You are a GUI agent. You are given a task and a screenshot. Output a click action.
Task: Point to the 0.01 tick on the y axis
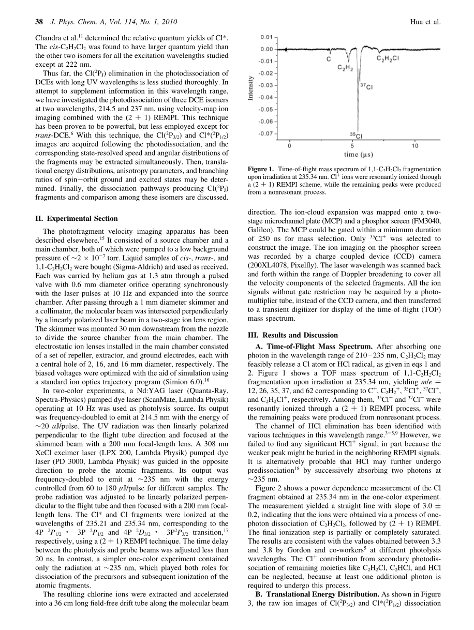click(266, 37)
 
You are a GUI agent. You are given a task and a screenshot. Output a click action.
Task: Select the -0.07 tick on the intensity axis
click(265, 133)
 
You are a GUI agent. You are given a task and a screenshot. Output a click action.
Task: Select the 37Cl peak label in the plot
click(366, 87)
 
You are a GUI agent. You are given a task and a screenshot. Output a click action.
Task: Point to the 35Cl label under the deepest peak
click(355, 136)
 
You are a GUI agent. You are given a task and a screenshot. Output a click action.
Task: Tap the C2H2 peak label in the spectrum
click(346, 68)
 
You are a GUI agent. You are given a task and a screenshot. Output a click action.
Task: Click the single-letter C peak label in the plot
click(329, 59)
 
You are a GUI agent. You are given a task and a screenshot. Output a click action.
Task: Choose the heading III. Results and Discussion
click(293, 335)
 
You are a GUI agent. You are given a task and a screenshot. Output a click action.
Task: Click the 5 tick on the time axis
click(352, 146)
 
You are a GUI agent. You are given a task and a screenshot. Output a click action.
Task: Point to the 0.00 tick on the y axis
click(266, 49)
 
